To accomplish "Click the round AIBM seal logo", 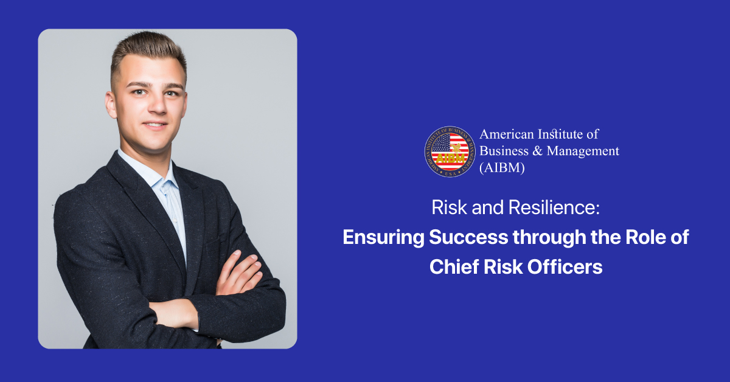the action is click(450, 151).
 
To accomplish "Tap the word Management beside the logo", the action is click(583, 151).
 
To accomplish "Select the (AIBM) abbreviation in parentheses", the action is click(502, 168).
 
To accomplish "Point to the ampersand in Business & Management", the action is click(537, 151).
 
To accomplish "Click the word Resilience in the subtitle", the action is click(554, 207).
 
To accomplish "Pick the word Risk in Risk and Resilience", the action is click(450, 207).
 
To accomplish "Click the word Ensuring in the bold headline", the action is click(383, 237).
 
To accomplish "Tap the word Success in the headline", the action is click(468, 237).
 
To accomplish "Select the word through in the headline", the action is click(549, 238).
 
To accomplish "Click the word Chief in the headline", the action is click(454, 266).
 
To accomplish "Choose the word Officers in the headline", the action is click(565, 266).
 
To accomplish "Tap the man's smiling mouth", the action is click(156, 125).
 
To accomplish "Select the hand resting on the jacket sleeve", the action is click(240, 273).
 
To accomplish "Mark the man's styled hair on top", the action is click(148, 49).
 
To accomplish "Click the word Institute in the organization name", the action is click(558, 134).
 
